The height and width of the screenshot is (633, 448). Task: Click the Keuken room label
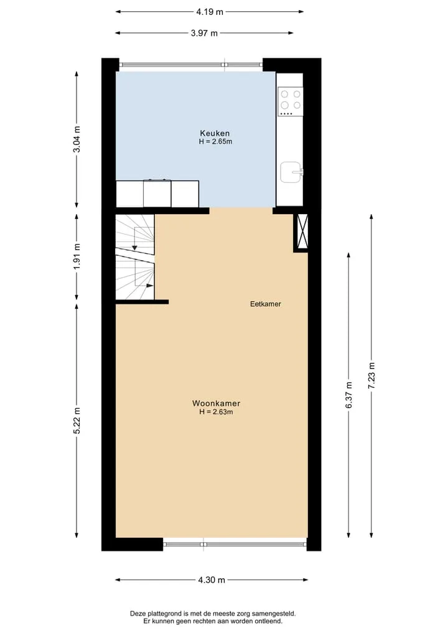pyautogui.click(x=215, y=133)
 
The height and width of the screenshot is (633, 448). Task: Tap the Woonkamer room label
pyautogui.click(x=216, y=403)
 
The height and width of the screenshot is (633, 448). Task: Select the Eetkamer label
pyautogui.click(x=265, y=304)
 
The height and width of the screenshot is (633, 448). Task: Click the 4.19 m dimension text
pyautogui.click(x=210, y=12)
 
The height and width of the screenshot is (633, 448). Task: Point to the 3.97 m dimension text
pyautogui.click(x=204, y=33)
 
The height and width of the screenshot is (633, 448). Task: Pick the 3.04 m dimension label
pyautogui.click(x=77, y=139)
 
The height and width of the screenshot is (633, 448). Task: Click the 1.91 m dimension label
pyautogui.click(x=77, y=257)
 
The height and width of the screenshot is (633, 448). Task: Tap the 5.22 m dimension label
pyautogui.click(x=77, y=421)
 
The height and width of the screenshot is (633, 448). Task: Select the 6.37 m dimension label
pyautogui.click(x=348, y=395)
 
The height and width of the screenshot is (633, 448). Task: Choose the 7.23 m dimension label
pyautogui.click(x=371, y=375)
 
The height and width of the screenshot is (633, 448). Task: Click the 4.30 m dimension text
pyautogui.click(x=212, y=580)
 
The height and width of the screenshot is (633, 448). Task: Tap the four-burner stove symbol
pyautogui.click(x=290, y=101)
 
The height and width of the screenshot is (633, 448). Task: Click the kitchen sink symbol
pyautogui.click(x=291, y=172)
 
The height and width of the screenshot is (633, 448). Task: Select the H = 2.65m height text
pyautogui.click(x=215, y=142)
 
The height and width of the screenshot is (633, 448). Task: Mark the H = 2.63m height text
pyautogui.click(x=216, y=412)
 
